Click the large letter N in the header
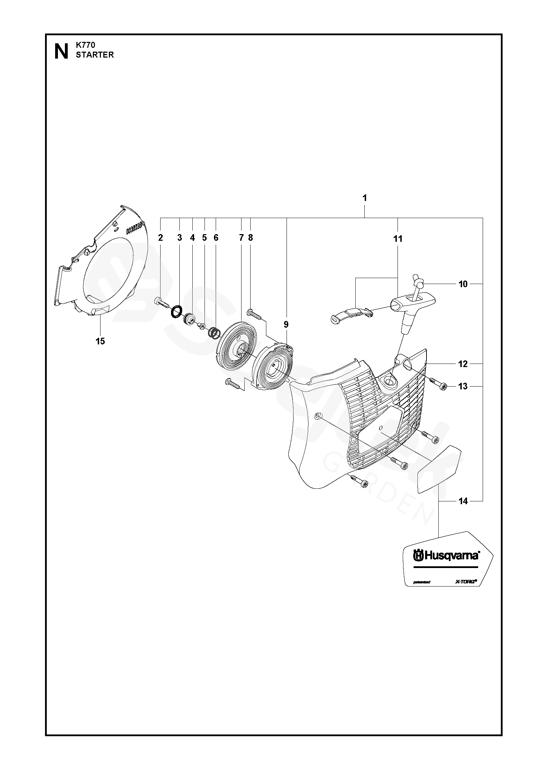(61, 52)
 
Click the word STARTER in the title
(95, 55)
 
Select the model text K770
(85, 45)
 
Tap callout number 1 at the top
(365, 198)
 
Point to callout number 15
(100, 341)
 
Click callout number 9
(286, 325)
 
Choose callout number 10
(463, 284)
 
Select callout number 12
(463, 364)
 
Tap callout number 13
(463, 386)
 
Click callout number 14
(463, 501)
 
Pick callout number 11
(398, 239)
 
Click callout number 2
(161, 238)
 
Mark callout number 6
(216, 238)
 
